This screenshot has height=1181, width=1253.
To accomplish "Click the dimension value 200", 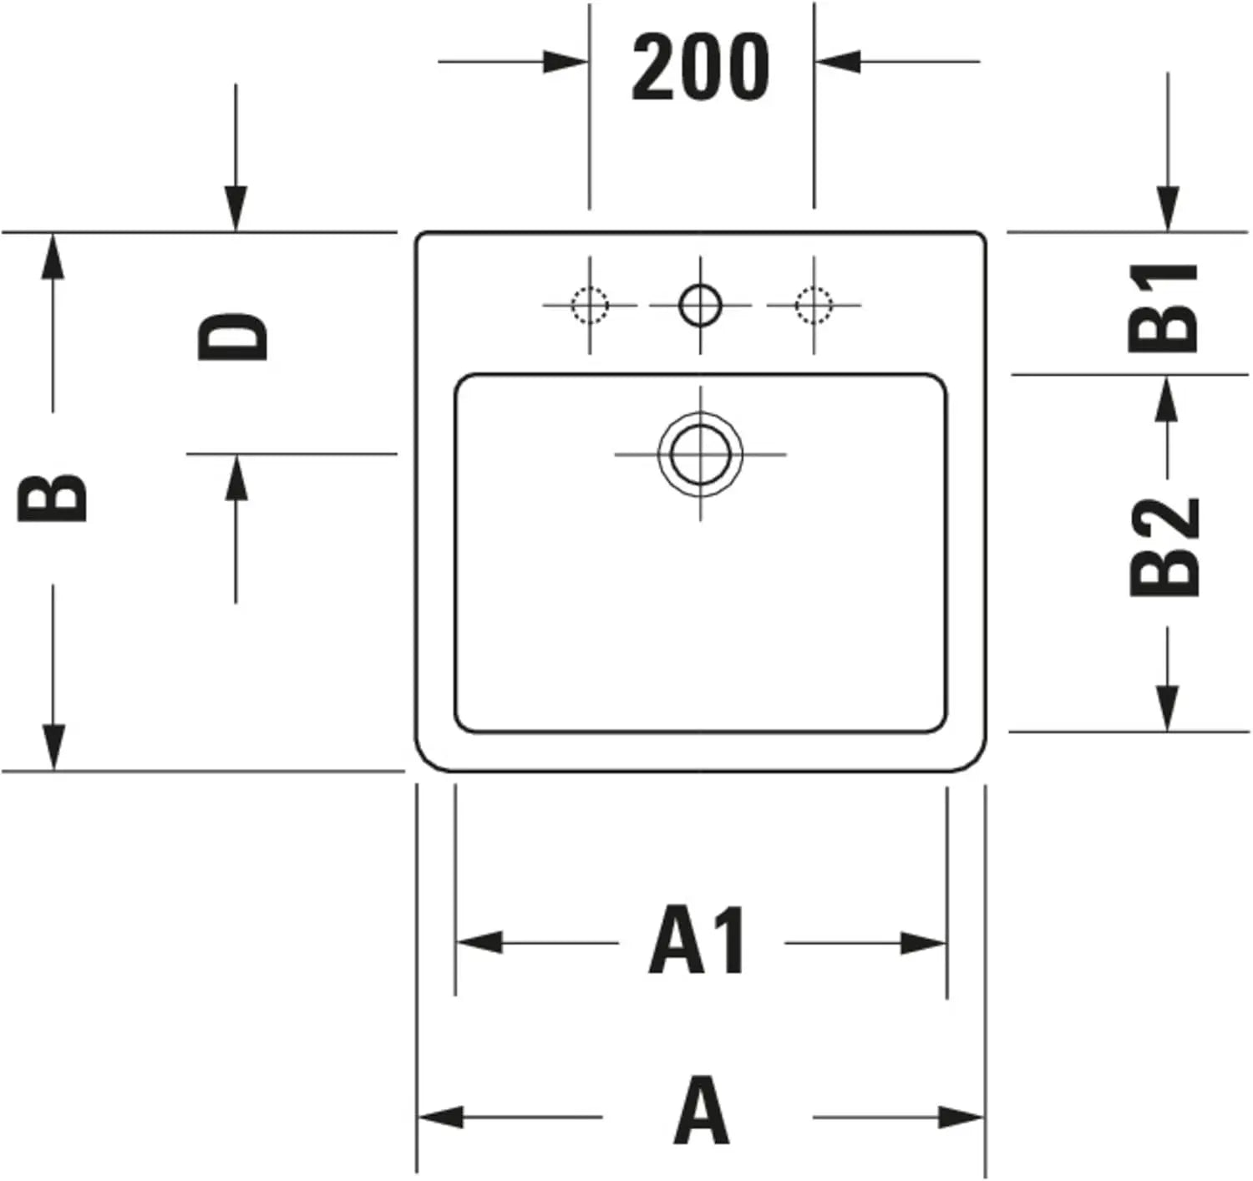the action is [x=700, y=66].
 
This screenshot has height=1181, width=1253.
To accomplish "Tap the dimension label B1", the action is [x=1162, y=308].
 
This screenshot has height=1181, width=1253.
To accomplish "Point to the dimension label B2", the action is [x=1162, y=546].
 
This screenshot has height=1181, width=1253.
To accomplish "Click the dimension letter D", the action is [x=232, y=337].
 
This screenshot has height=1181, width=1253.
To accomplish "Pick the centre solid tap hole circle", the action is [x=700, y=306].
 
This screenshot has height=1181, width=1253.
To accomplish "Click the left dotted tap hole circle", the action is [x=590, y=306].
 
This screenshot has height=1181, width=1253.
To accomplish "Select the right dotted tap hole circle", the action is [x=814, y=306].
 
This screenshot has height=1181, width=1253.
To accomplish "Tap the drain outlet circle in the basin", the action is [x=700, y=454].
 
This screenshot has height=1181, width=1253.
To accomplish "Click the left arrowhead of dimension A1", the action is [x=479, y=943].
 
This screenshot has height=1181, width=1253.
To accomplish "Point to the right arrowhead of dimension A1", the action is [x=923, y=943].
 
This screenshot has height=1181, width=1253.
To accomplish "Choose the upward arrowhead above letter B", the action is [x=53, y=256].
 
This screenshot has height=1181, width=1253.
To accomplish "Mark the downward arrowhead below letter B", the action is [x=53, y=747].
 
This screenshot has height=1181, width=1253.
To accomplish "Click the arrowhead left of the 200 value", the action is [x=566, y=62].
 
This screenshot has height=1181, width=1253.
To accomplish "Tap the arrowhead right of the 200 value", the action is [x=838, y=62].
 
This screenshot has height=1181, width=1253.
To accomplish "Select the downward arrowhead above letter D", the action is [x=236, y=209].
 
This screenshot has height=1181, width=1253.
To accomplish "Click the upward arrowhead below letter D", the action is [x=236, y=478].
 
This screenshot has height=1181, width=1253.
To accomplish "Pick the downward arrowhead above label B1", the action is [x=1167, y=209].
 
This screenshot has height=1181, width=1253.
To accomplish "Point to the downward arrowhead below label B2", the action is [x=1167, y=707].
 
